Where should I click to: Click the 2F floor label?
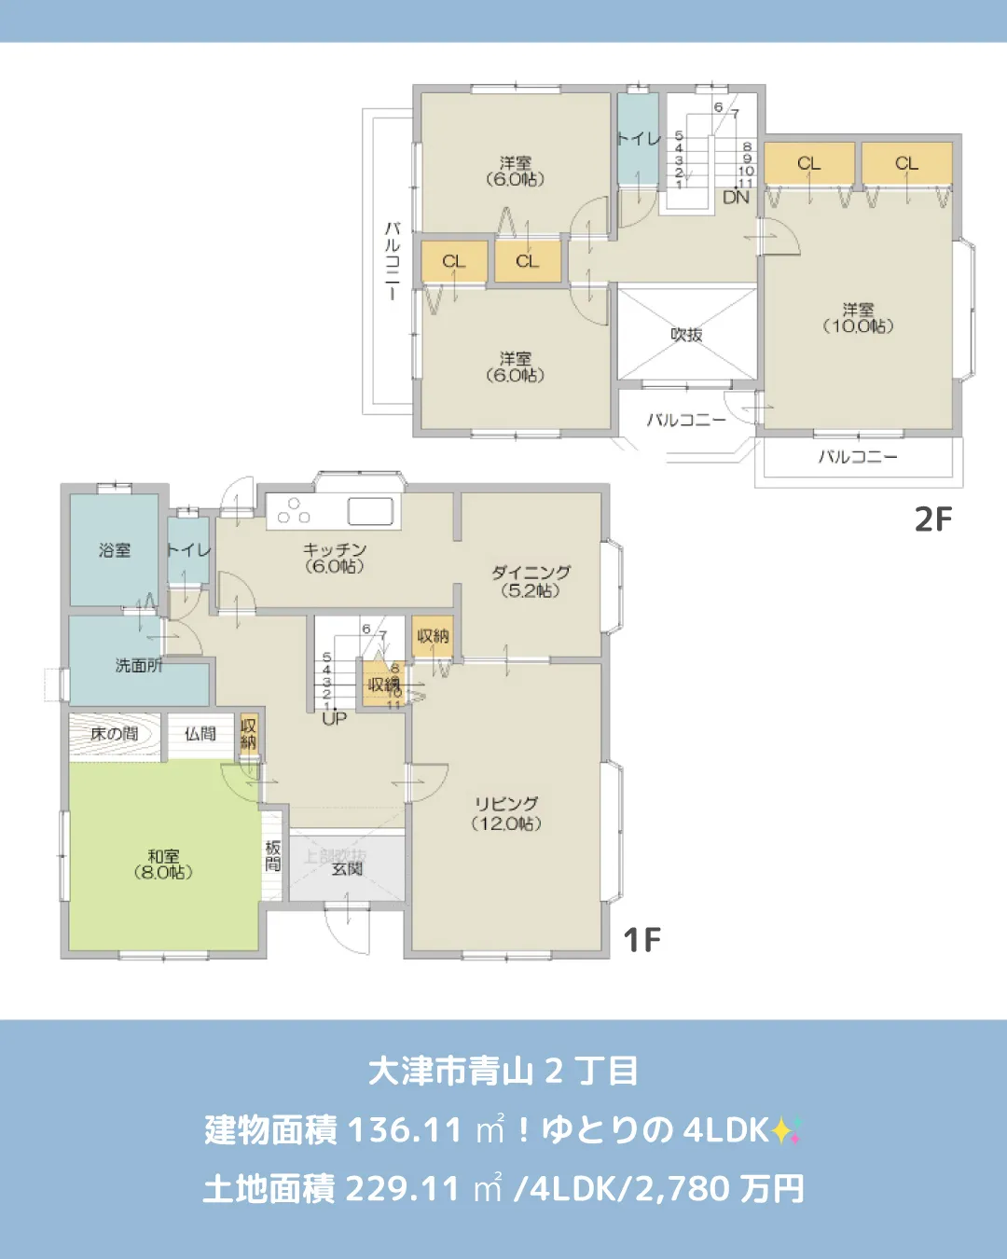tap(933, 519)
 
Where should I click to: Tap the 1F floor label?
tap(641, 939)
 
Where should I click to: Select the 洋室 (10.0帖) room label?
tap(858, 318)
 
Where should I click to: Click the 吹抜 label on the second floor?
tap(686, 335)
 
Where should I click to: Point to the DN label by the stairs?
tap(736, 197)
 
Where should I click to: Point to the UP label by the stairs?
tap(334, 718)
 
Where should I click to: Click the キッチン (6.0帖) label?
tap(334, 558)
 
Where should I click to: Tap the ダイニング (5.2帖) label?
tap(531, 581)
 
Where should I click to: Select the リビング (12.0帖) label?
tap(506, 813)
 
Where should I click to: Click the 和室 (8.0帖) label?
tap(163, 864)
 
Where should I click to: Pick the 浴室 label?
tap(115, 550)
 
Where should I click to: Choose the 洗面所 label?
tap(138, 665)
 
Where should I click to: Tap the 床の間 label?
tap(114, 734)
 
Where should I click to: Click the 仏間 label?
tap(200, 734)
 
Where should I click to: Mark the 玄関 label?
tap(347, 868)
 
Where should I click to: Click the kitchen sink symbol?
tap(370, 511)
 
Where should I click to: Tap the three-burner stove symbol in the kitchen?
tap(294, 510)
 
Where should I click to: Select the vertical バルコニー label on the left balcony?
tap(393, 260)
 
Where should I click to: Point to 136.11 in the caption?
tap(405, 1130)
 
